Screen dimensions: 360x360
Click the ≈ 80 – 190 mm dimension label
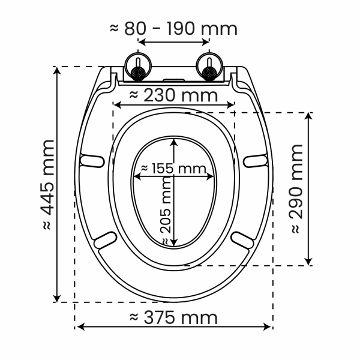pos(173,29)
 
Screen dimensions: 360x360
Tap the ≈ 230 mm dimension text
pos(173,95)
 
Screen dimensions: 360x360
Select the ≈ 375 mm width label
pos(173,318)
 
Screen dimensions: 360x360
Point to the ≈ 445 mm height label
pos(48,185)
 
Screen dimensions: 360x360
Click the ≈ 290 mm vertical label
pos(296,189)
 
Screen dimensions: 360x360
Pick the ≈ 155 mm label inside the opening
pos(173,169)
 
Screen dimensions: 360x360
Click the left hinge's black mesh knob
pos(138,73)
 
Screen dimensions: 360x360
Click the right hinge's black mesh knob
pos(209,73)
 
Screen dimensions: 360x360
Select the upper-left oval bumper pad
pos(92,161)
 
